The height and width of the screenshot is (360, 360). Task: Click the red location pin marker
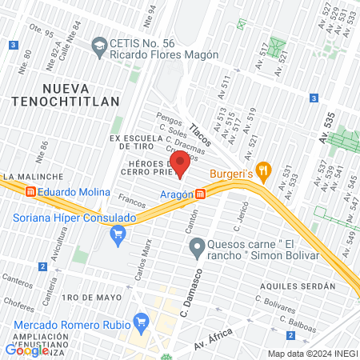click(180, 166)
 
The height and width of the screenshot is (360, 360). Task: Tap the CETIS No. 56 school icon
click(99, 45)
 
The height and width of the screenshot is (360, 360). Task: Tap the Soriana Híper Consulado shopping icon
click(119, 234)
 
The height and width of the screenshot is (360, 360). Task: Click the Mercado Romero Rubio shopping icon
click(142, 323)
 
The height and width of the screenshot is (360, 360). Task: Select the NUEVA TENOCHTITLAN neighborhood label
click(70, 94)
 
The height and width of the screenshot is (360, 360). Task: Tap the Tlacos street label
click(202, 128)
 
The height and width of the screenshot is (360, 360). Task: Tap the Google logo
click(26, 350)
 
